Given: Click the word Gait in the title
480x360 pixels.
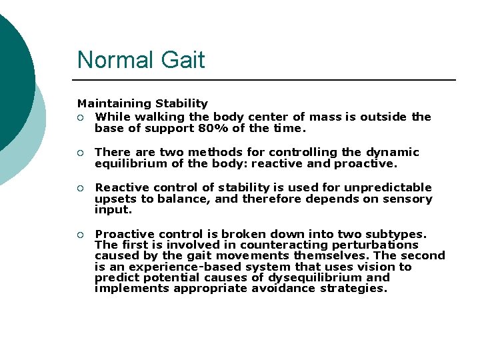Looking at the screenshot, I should click(183, 60).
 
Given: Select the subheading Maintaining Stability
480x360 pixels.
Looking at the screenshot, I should click(142, 103).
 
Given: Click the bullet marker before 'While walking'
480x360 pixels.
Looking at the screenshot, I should click(80, 117).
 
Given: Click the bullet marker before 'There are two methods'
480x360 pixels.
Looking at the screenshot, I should click(80, 153).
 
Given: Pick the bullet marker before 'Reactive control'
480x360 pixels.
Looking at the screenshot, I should click(80, 188).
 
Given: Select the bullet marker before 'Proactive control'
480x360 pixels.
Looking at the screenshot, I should click(80, 235).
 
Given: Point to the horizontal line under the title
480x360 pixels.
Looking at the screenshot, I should click(267, 80).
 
